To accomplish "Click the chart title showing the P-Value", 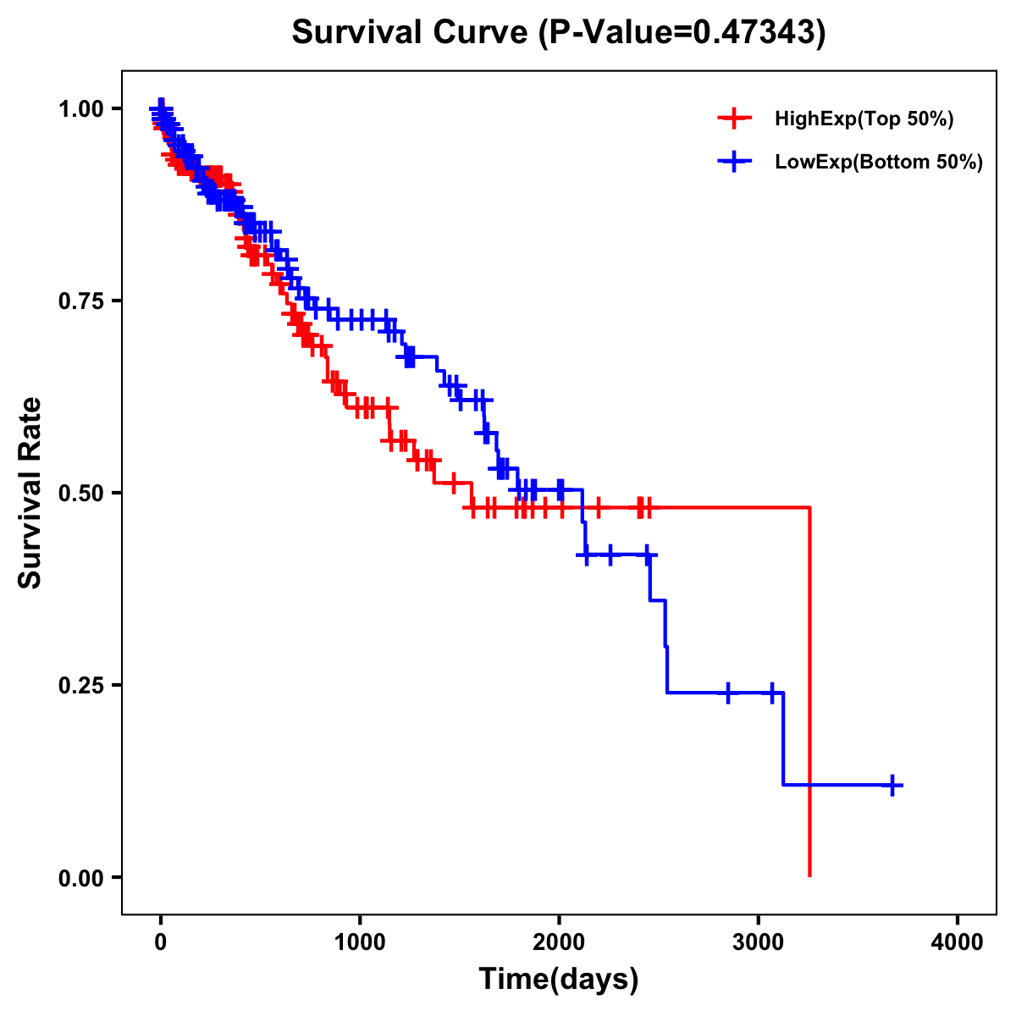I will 558,32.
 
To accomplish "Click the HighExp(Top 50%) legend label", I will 864,119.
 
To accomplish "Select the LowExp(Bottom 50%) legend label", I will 879,162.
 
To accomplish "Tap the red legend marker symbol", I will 734,119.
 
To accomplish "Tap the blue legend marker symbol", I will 734,161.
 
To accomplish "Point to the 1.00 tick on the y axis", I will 80,108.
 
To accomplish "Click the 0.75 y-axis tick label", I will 80,301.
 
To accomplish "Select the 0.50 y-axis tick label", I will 80,493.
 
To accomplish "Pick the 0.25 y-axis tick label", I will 80,685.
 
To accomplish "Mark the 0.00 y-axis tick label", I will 80,877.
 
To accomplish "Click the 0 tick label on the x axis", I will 161,942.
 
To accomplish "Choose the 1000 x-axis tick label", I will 360,942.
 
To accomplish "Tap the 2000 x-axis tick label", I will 559,942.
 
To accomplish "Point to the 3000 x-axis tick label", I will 759,942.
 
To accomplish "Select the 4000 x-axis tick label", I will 958,942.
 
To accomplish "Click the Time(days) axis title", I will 559,980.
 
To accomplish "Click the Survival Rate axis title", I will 30,493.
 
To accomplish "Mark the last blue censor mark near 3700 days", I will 892,785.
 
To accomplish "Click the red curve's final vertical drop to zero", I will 810,694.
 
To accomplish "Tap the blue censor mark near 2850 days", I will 727,693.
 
